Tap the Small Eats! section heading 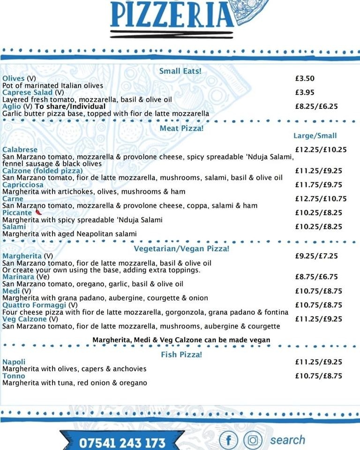click(180, 71)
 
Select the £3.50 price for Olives click(305, 78)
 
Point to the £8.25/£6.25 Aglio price click(316, 106)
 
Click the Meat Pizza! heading click(181, 127)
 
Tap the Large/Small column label click(315, 135)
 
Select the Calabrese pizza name click(20, 150)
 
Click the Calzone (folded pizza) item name click(42, 171)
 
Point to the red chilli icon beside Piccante click(38, 212)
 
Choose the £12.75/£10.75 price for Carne click(321, 198)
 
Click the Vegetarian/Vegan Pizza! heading click(181, 248)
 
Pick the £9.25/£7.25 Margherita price click(316, 256)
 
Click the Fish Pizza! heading click(181, 354)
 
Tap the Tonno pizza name click(14, 376)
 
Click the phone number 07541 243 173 click(122, 442)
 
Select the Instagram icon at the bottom click(253, 440)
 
